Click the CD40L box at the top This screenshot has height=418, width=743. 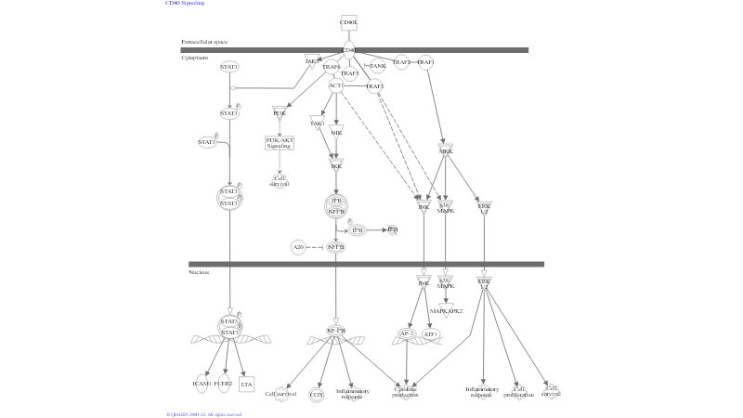[x=349, y=21]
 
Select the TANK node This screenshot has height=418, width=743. [x=378, y=66]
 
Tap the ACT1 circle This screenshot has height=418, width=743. [x=336, y=85]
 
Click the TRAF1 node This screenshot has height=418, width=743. [x=425, y=62]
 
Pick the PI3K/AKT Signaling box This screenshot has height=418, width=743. [x=280, y=143]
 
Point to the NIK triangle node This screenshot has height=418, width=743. [x=336, y=131]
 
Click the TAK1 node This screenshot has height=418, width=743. [x=317, y=123]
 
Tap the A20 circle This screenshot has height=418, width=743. [x=298, y=247]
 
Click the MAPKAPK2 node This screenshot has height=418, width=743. [x=447, y=311]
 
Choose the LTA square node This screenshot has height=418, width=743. [x=246, y=383]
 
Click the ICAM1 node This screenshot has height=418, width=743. [x=202, y=383]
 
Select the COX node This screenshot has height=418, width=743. [x=317, y=395]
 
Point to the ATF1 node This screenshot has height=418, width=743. [x=431, y=333]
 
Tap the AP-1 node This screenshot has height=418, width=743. [x=406, y=333]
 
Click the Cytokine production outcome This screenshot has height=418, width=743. [x=406, y=393]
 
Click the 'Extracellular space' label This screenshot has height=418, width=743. [x=204, y=42]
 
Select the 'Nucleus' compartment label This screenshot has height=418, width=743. [x=199, y=272]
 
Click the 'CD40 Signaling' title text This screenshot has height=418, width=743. [x=185, y=4]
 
